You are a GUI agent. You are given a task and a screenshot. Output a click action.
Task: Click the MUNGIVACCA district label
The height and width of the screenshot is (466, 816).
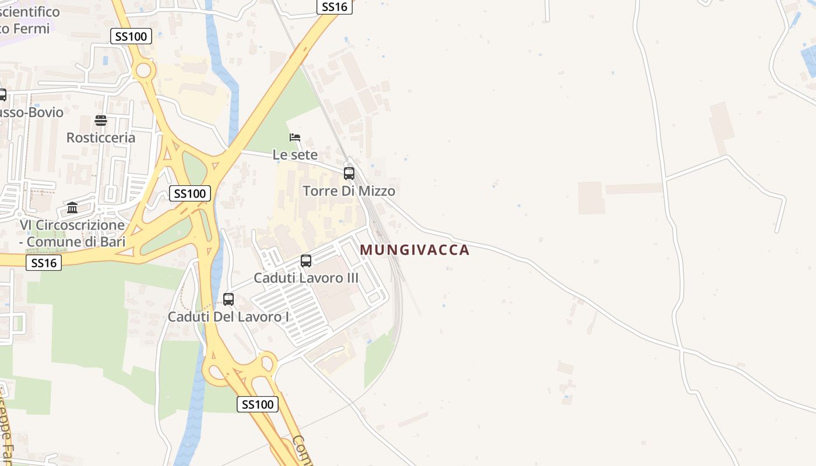pyautogui.click(x=414, y=250)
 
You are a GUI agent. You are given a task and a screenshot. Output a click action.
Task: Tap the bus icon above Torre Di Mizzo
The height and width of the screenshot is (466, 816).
pyautogui.click(x=349, y=174)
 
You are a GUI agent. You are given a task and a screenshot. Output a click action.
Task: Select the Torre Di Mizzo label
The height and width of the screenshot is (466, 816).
pyautogui.click(x=349, y=191)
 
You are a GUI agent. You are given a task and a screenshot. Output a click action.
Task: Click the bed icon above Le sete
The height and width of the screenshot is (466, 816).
pyautogui.click(x=295, y=137)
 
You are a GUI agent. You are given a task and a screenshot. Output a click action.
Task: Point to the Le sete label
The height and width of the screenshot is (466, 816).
pyautogui.click(x=295, y=155)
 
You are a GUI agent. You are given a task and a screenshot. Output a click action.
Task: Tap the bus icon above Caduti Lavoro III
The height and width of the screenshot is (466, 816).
pyautogui.click(x=306, y=261)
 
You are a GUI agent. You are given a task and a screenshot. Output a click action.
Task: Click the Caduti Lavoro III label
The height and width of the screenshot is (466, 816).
pyautogui.click(x=306, y=278)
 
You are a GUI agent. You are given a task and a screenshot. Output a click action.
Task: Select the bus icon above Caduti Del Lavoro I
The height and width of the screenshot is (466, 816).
pyautogui.click(x=228, y=299)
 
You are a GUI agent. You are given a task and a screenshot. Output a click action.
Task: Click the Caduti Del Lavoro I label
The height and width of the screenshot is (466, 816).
pyautogui.click(x=228, y=317)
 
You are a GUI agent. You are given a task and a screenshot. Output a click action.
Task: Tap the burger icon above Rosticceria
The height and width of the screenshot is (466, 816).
pyautogui.click(x=101, y=121)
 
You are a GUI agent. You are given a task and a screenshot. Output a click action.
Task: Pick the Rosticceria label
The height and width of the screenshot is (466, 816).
pyautogui.click(x=101, y=138)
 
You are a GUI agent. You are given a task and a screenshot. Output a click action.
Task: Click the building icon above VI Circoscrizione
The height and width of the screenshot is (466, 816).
pyautogui.click(x=72, y=208)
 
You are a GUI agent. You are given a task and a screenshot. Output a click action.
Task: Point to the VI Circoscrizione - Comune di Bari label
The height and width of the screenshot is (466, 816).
pyautogui.click(x=72, y=233)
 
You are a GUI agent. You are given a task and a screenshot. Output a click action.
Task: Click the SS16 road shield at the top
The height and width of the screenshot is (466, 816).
pyautogui.click(x=335, y=7)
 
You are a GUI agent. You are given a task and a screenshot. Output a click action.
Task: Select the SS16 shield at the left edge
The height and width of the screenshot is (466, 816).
pyautogui.click(x=44, y=263)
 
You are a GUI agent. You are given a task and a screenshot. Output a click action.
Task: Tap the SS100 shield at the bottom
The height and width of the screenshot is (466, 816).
pyautogui.click(x=258, y=404)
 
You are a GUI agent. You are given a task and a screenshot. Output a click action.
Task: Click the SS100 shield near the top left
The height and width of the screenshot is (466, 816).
pyautogui.click(x=131, y=37)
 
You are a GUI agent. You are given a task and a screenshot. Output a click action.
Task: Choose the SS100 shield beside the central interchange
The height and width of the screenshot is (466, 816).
pyautogui.click(x=189, y=193)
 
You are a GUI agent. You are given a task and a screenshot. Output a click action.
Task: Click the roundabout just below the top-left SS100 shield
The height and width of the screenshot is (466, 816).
pyautogui.click(x=143, y=71)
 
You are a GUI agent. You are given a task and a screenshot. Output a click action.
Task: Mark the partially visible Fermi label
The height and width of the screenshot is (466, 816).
pyautogui.click(x=26, y=27)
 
